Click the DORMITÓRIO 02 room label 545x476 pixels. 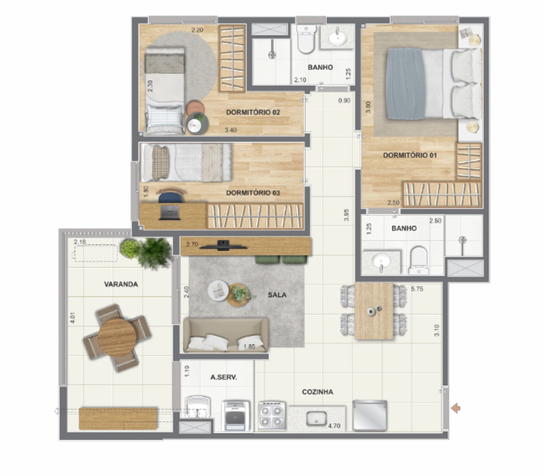click(253, 112)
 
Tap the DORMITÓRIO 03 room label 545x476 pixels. click(253, 193)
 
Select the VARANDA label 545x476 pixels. click(121, 284)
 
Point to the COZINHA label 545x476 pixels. click(317, 392)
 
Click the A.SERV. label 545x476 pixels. click(224, 377)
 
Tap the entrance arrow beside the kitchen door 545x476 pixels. click(456, 408)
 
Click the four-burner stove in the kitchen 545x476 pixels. click(271, 416)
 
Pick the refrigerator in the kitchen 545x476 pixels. click(370, 415)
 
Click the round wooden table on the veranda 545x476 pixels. click(117, 338)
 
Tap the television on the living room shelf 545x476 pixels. click(223, 246)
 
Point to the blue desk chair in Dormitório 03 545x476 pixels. click(170, 196)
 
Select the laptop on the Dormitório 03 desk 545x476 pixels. click(170, 213)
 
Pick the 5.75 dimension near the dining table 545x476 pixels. click(417, 289)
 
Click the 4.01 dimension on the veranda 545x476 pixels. click(72, 318)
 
